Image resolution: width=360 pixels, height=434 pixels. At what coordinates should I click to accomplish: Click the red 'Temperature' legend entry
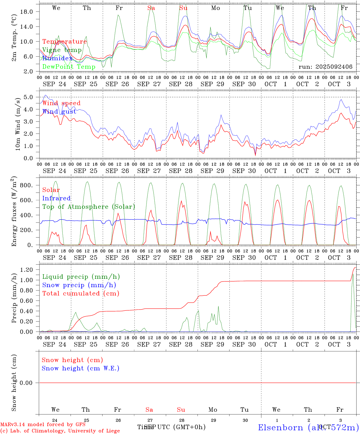[65, 42]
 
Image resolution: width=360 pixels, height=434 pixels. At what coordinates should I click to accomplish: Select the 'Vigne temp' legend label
[62, 50]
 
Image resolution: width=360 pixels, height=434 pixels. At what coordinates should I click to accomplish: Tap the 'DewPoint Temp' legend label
[69, 67]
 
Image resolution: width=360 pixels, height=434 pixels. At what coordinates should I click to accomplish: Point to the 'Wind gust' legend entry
[59, 112]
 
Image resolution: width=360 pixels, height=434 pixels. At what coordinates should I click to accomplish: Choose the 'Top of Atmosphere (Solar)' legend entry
[89, 207]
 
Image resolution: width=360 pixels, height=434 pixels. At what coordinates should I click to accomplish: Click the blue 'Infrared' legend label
[56, 198]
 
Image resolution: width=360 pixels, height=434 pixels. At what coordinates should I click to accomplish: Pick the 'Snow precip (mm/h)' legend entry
[79, 285]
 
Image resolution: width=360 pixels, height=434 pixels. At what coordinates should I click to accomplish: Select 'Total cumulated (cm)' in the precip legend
[81, 293]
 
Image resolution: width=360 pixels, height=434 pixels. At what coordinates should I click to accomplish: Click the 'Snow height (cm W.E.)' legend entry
[81, 368]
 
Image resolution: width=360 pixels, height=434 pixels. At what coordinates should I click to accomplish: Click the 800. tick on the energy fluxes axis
[30, 185]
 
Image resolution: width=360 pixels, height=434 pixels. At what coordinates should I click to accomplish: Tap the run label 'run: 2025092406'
[325, 67]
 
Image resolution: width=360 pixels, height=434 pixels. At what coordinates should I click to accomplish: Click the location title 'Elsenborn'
[280, 427]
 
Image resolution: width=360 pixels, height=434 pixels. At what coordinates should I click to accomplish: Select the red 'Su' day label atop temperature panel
[183, 8]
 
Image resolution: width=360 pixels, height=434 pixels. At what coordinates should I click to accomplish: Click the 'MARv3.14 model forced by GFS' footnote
[43, 424]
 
